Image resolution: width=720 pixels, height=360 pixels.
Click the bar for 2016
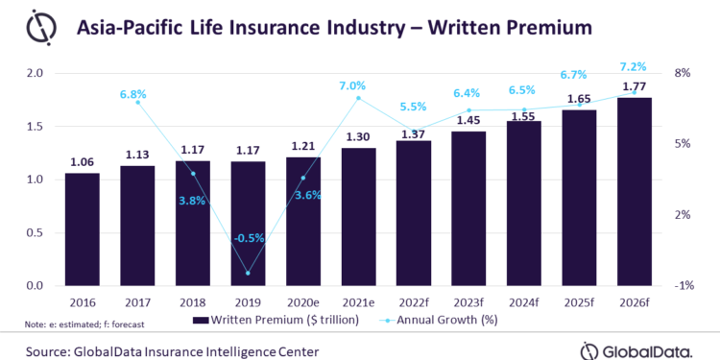(x=83, y=229)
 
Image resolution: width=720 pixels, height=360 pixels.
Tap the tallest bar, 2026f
(x=635, y=192)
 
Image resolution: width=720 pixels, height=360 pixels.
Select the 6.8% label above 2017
(x=137, y=94)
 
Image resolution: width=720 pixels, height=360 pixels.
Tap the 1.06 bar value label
(x=83, y=161)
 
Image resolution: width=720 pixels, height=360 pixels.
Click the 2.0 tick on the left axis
(x=36, y=73)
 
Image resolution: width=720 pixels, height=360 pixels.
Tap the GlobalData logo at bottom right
(x=636, y=349)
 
